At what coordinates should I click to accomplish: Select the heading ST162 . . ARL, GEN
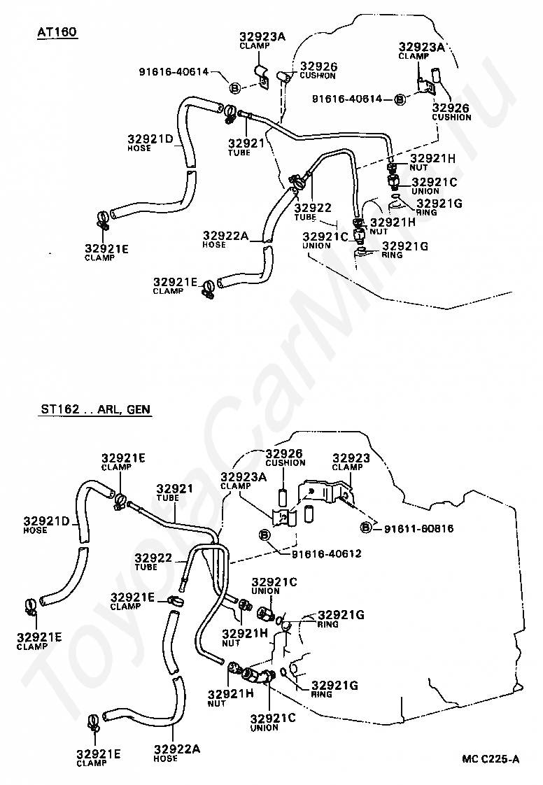[x=95, y=409]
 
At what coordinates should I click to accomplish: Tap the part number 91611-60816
[x=418, y=528]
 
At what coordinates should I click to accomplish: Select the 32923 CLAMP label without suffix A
[x=348, y=462]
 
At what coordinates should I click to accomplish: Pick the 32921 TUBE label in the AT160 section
[x=246, y=147]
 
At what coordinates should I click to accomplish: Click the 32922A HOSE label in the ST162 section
[x=177, y=753]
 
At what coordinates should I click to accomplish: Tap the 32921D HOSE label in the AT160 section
[x=150, y=142]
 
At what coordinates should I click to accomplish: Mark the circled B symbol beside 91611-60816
[x=366, y=528]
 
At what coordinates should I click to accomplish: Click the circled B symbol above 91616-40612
[x=265, y=535]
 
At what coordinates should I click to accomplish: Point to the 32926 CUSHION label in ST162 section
[x=285, y=458]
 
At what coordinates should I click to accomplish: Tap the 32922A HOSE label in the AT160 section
[x=225, y=239]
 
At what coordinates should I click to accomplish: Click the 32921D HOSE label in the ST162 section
[x=46, y=525]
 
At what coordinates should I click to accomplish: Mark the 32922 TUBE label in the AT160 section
[x=313, y=211]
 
